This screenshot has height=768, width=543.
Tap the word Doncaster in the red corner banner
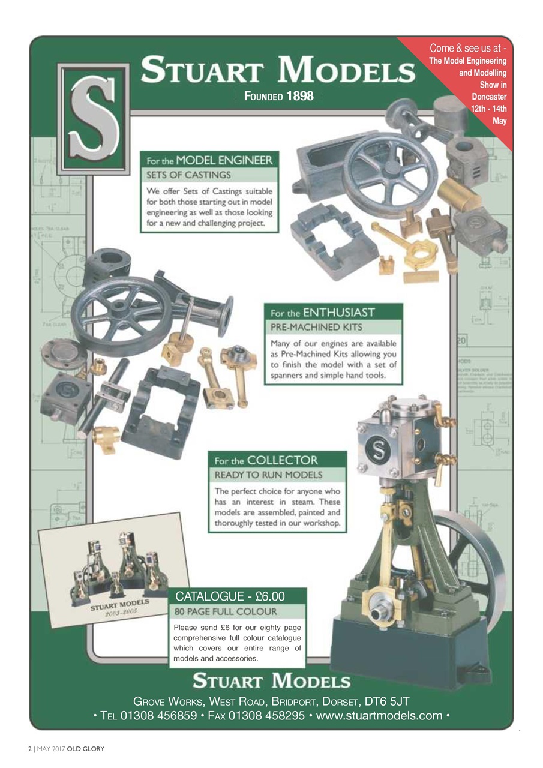point(488,97)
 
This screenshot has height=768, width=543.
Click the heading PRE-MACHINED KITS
point(316,328)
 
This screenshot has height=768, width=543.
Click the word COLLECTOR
point(282,460)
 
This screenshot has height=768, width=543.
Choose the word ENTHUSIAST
point(338,313)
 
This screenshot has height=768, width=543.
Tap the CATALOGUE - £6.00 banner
point(230,596)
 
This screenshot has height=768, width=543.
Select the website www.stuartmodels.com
point(379,716)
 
